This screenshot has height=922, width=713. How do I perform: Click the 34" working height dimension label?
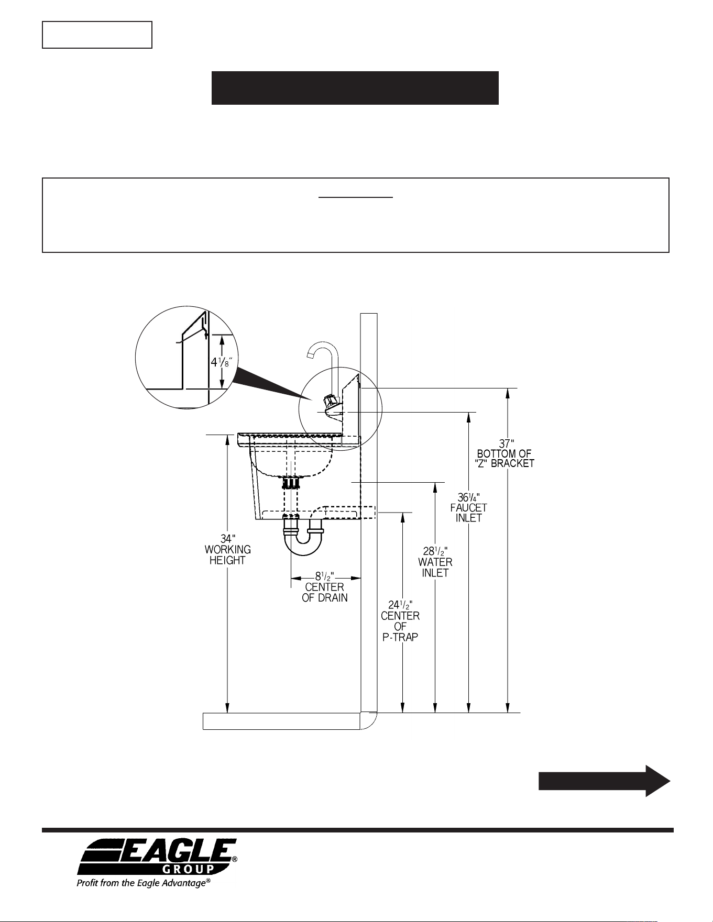click(x=227, y=549)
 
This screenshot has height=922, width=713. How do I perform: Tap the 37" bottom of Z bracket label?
click(x=506, y=453)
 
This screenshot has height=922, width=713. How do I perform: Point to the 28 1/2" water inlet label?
click(x=435, y=562)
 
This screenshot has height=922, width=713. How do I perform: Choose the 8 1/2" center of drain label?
click(x=325, y=587)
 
